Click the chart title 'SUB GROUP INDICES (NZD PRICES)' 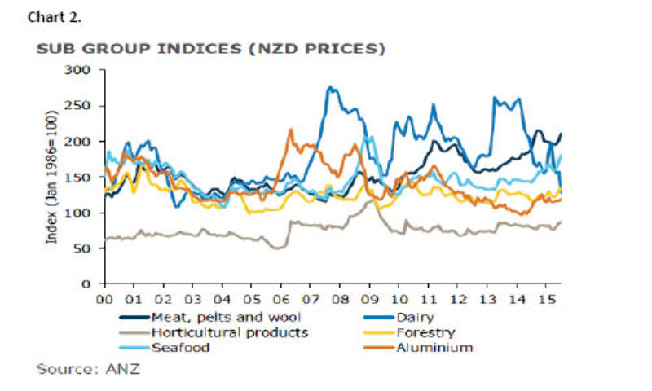pyautogui.click(x=211, y=49)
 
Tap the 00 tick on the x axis pyautogui.click(x=104, y=298)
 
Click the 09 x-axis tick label pyautogui.click(x=369, y=298)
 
